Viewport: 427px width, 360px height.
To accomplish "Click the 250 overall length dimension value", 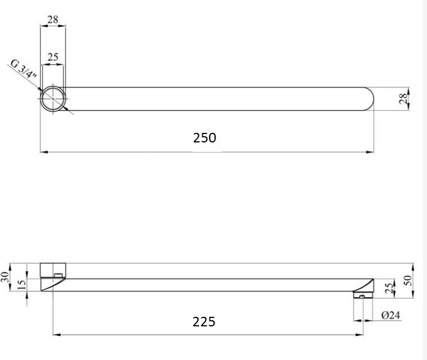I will point(205,137).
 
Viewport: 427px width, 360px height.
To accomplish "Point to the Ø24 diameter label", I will point(391,316).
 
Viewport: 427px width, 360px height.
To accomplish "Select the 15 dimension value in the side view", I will point(22,284).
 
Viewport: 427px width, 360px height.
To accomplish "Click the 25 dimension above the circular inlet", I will point(53,57).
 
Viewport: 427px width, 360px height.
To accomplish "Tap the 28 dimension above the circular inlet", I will point(53,20).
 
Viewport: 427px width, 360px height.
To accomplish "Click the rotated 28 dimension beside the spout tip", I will point(403,99).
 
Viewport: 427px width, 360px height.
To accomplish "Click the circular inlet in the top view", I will point(53,99).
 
